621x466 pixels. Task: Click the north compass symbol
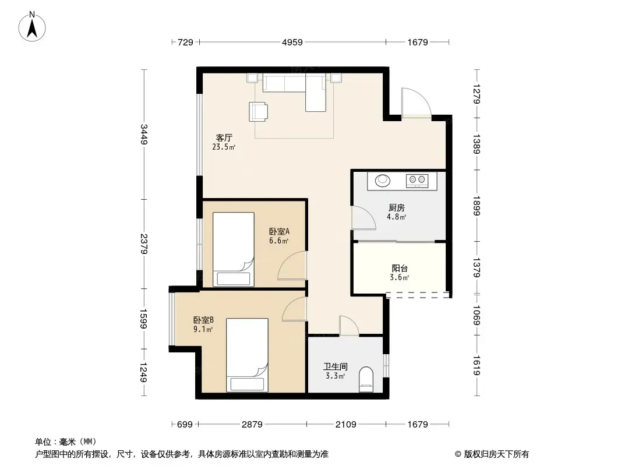[x=34, y=27]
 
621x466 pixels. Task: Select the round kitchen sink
[x=383, y=181]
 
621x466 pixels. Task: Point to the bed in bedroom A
[x=234, y=249]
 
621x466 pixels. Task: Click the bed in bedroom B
[x=248, y=354]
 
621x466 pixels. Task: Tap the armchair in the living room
[x=259, y=111]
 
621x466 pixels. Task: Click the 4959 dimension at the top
[x=292, y=42]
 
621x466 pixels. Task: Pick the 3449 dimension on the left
[x=144, y=135]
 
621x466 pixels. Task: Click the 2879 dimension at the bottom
[x=252, y=424]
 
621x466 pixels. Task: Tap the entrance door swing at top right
[x=415, y=103]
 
